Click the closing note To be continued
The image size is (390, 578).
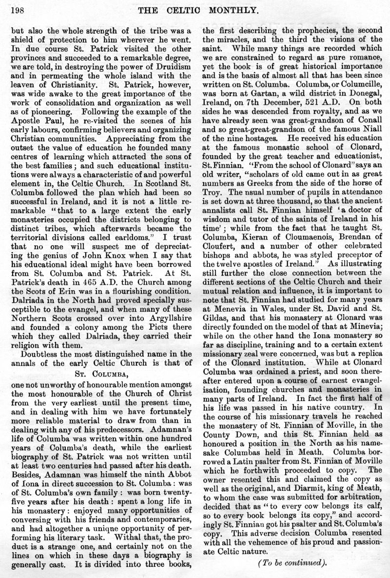pos(292,562)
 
